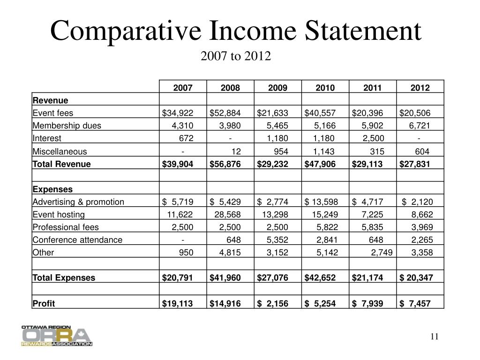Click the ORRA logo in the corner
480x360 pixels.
(57, 335)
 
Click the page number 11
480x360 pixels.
(434, 337)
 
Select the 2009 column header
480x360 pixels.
(278, 88)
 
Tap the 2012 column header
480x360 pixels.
(420, 88)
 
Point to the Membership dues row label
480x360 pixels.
(67, 125)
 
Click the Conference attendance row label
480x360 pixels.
(77, 240)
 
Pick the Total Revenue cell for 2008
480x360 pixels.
(225, 164)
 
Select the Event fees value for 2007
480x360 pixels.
(178, 112)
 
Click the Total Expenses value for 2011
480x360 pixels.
(367, 277)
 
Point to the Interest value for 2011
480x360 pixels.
(374, 138)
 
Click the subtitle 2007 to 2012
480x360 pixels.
(236, 57)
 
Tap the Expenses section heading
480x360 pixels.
(52, 189)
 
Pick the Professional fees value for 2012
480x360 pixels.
(422, 227)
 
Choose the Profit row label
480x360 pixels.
(44, 303)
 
